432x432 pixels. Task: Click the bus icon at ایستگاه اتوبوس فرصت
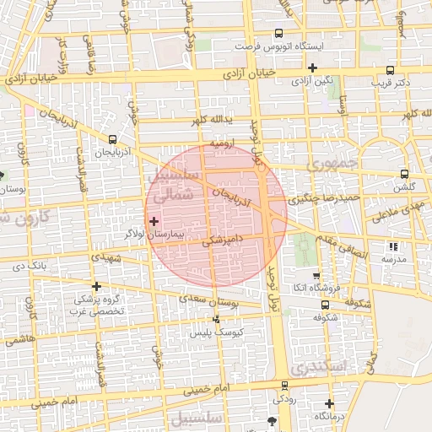click(x=278, y=32)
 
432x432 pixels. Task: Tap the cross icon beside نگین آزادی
click(x=313, y=67)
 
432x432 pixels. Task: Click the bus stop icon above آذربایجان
click(x=112, y=139)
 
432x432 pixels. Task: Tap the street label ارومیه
click(x=222, y=145)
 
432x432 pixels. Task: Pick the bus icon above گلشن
click(x=405, y=174)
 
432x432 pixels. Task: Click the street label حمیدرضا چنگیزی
click(x=325, y=200)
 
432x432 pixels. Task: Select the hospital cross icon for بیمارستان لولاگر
click(x=154, y=221)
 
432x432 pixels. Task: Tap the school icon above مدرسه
click(x=392, y=246)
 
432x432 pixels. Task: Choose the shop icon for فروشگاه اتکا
click(x=316, y=276)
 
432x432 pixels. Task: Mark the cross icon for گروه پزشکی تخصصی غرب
click(x=97, y=286)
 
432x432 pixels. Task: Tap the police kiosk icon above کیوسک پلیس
click(x=217, y=320)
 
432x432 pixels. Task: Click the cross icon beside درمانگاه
click(x=329, y=403)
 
